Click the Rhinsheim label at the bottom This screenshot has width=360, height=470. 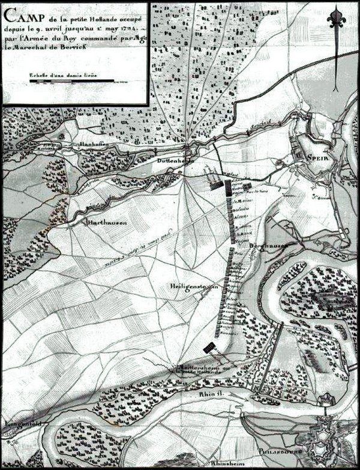225,463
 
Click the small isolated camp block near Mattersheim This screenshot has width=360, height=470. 208,347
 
